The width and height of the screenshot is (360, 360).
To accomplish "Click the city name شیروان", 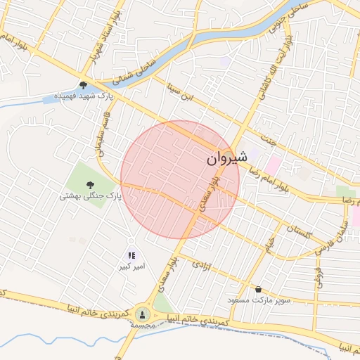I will (227, 160).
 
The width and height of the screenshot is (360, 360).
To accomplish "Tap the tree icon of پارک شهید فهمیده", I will (84, 85).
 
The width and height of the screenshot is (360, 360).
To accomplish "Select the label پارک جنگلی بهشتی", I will (90, 197).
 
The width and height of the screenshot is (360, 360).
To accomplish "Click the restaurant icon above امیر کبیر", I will (131, 255).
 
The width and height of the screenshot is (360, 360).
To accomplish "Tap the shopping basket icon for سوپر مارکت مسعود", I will (259, 289).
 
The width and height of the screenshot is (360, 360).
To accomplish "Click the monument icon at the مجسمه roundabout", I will (143, 314).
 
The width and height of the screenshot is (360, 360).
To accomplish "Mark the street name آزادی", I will (202, 266).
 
